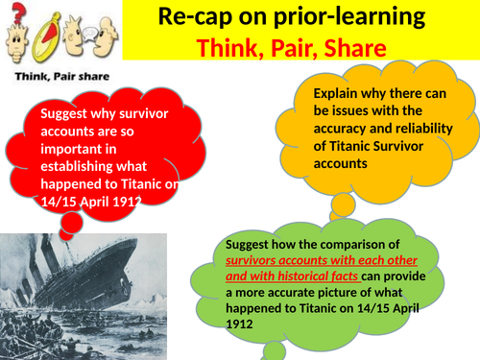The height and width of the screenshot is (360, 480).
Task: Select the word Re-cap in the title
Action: (196, 20)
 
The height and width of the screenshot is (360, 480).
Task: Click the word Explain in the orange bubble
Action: (339, 94)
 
